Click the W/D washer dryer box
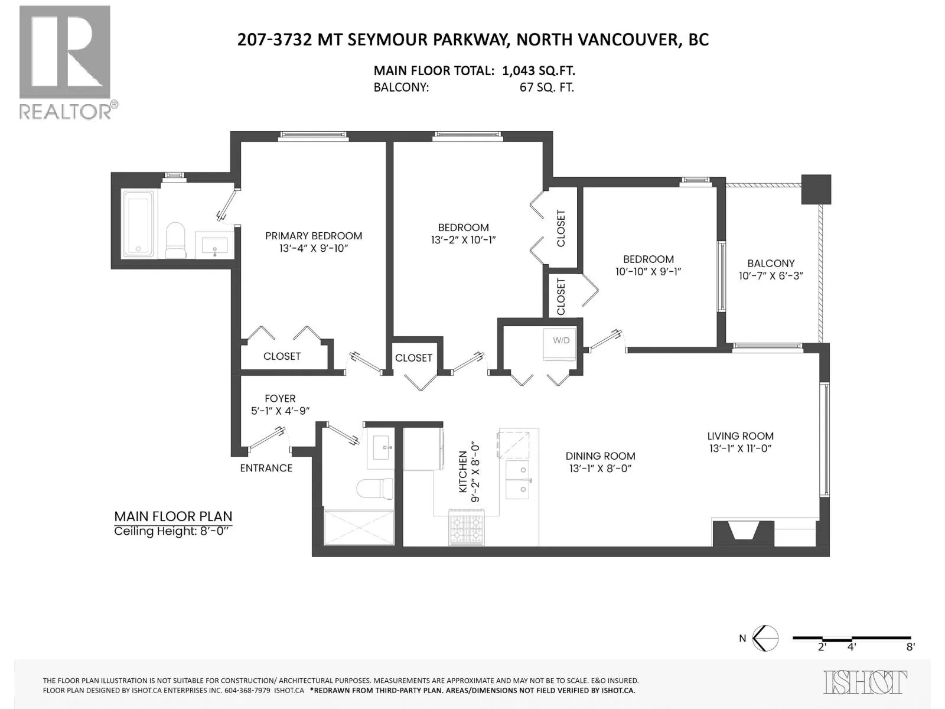point(559,345)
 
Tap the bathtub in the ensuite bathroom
point(138,224)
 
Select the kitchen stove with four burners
point(466,528)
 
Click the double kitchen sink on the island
point(517,480)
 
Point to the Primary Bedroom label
point(314,236)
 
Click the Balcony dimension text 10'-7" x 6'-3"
point(771,275)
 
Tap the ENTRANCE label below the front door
point(266,468)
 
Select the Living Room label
point(741,436)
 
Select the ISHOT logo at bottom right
point(866,681)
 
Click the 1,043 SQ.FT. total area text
point(539,70)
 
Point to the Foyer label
point(281,399)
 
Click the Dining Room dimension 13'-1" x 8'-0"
point(601,469)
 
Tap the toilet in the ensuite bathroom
point(175,240)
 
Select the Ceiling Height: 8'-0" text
point(171,531)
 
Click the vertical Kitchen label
point(463,472)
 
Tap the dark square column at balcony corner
point(816,190)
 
